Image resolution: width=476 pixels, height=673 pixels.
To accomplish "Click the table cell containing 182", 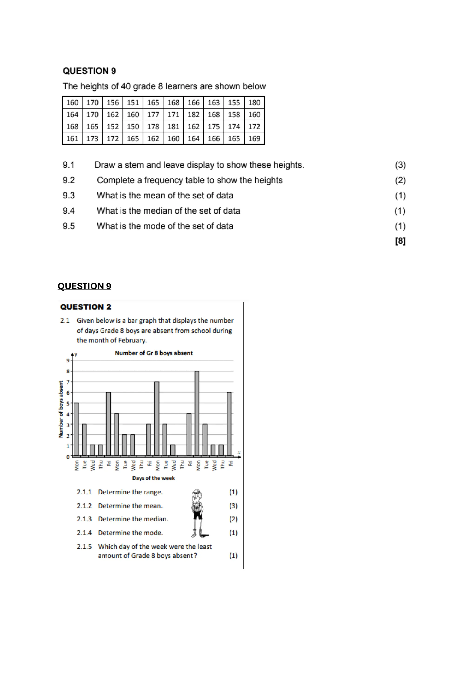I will click(194, 115).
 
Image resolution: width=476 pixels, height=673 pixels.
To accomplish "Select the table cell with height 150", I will click(133, 127).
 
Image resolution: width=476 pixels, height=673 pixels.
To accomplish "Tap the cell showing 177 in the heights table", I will click(153, 115).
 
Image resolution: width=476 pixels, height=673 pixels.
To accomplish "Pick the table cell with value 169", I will click(254, 139).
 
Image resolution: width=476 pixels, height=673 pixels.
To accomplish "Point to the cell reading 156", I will click(113, 103).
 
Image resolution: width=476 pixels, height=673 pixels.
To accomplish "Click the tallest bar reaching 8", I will click(197, 413).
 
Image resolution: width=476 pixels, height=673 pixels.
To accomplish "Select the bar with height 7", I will click(157, 419).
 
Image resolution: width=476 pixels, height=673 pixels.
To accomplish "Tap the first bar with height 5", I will click(76, 429).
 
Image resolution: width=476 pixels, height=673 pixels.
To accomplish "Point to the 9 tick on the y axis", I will click(68, 361).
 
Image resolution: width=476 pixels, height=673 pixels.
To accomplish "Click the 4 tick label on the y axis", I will click(68, 414).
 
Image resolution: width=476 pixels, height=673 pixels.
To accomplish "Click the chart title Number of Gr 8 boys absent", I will click(154, 353).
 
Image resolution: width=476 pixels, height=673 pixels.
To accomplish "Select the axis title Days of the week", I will click(153, 478).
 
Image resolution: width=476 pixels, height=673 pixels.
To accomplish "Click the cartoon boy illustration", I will click(198, 513).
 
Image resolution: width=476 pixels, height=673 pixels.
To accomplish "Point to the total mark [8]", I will click(400, 241).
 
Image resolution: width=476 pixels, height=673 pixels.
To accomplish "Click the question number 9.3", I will click(69, 196).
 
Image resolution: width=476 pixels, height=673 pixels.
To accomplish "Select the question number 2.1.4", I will click(84, 533).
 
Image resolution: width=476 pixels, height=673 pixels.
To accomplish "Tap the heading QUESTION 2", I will click(86, 307).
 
